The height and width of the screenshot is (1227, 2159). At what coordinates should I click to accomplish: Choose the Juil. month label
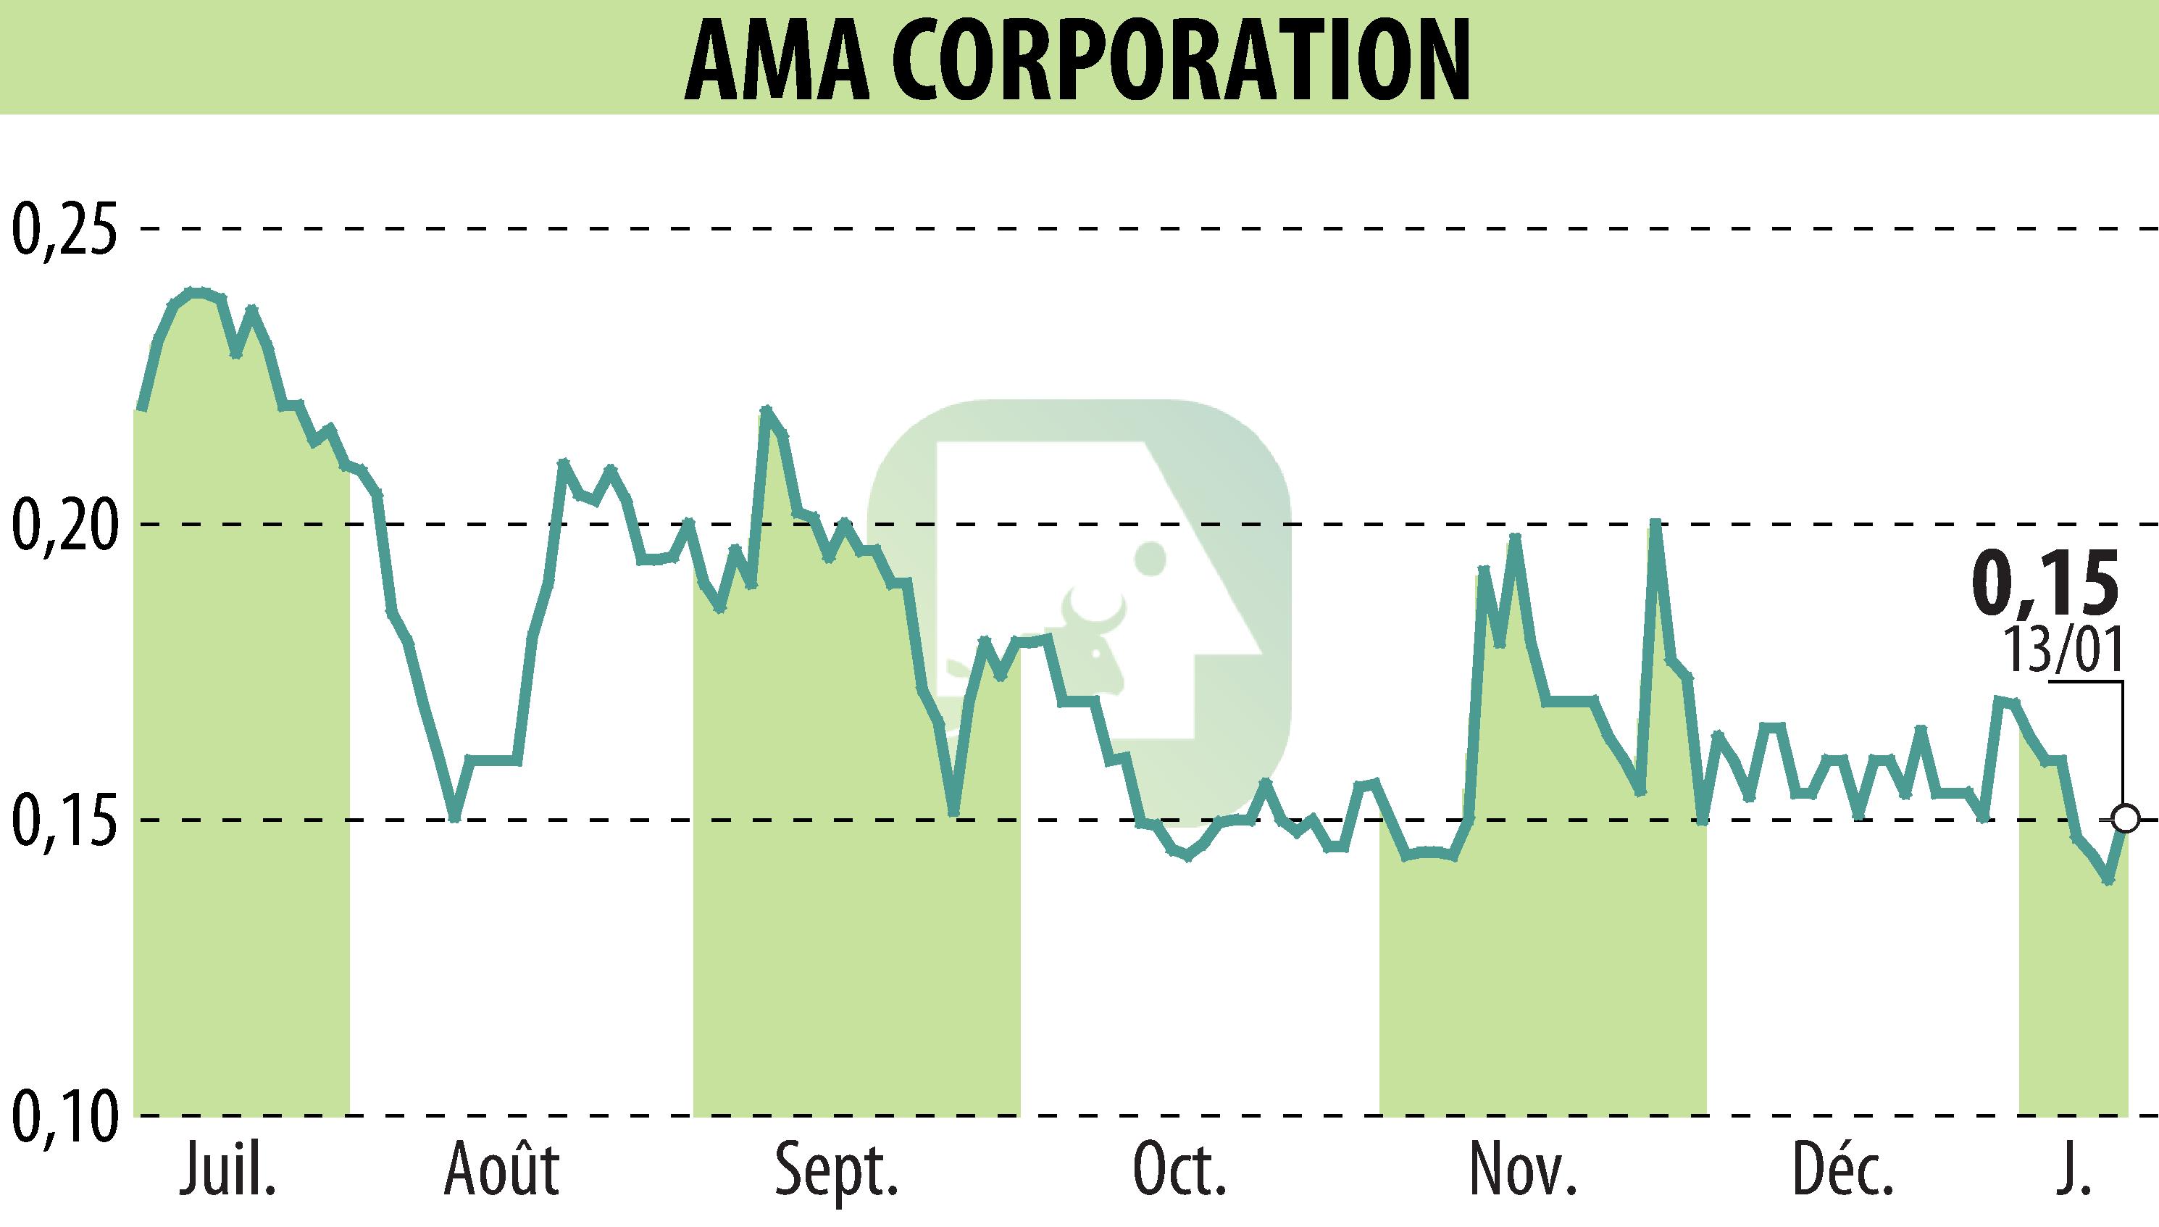click(227, 1171)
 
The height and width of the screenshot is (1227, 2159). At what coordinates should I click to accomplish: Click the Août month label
click(502, 1171)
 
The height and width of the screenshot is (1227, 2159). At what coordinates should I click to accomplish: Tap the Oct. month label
click(1179, 1171)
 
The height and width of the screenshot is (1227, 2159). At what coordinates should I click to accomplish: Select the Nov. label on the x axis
click(1523, 1171)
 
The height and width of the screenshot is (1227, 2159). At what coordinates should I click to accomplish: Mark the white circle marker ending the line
click(2125, 818)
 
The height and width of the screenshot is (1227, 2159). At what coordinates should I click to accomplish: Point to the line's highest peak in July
click(196, 291)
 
